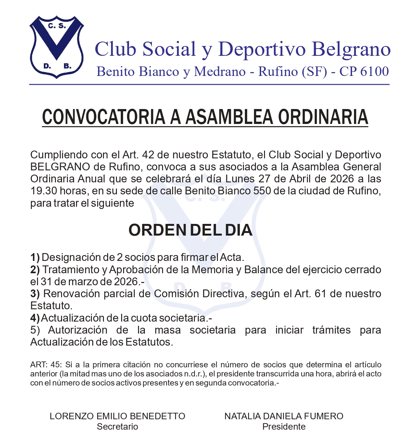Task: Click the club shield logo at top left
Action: point(57,47)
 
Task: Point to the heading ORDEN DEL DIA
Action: point(190,230)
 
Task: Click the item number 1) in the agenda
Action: point(35,258)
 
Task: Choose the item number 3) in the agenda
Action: point(35,294)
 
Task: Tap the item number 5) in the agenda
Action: point(35,330)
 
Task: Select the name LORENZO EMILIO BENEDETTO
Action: point(117,416)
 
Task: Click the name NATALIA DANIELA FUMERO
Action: point(284,416)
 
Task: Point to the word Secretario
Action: point(117,427)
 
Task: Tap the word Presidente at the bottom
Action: point(284,427)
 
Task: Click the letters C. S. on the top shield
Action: point(57,26)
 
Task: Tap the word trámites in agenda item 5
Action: point(331,330)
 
